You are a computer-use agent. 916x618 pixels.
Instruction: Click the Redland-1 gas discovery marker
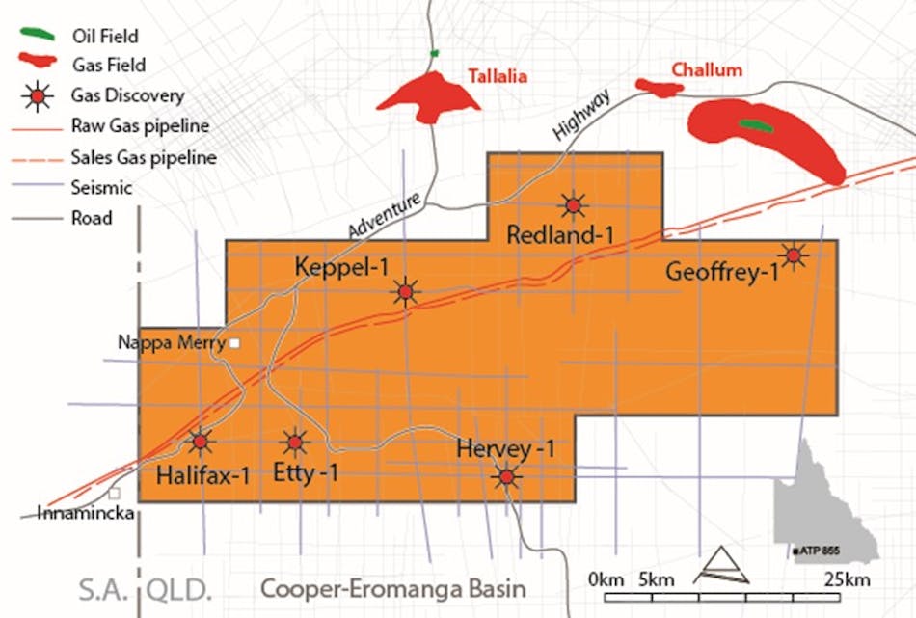click(574, 204)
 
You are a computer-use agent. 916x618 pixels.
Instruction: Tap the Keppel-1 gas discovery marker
click(405, 291)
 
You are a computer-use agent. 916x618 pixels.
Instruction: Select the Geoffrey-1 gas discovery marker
click(793, 255)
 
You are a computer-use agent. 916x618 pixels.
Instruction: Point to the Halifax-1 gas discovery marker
click(200, 442)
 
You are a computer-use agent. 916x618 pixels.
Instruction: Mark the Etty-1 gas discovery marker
click(293, 443)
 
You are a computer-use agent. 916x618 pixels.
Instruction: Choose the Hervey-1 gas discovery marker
click(506, 476)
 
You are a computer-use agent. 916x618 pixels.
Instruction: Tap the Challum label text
click(707, 69)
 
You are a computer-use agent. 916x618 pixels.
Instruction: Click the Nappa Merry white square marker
click(232, 342)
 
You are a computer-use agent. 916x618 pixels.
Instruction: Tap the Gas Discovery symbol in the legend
click(37, 95)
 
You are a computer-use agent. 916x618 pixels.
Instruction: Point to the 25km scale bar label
click(848, 579)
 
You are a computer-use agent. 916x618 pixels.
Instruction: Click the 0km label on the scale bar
click(606, 579)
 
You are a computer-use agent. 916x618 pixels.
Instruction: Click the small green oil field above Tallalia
click(435, 53)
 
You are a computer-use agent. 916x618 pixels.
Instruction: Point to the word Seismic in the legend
click(101, 188)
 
